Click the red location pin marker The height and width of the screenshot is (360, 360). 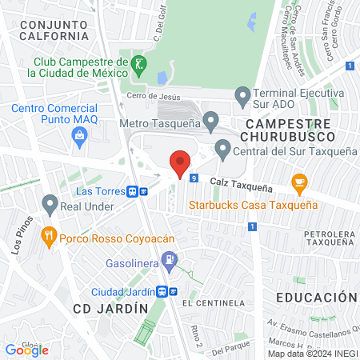[x=181, y=163]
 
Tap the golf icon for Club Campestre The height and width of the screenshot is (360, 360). [x=138, y=62]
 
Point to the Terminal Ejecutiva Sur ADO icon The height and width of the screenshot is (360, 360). [x=242, y=94]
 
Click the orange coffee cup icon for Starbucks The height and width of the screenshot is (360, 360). [x=300, y=182]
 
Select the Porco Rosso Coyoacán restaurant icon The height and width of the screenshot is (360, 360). [x=49, y=236]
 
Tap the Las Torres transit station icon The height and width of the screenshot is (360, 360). [x=143, y=191]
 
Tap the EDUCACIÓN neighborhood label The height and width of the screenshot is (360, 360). [x=316, y=298]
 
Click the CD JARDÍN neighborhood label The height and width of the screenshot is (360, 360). [x=110, y=308]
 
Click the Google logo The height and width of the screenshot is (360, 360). [x=26, y=349]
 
